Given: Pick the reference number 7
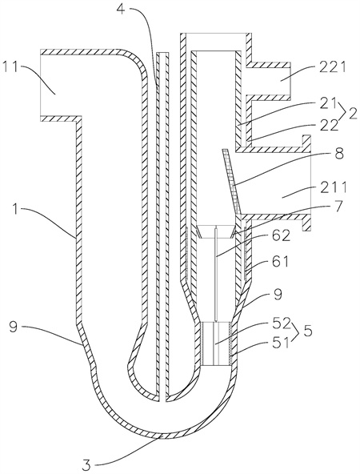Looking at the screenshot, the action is click(x=338, y=207).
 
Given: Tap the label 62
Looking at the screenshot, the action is click(x=280, y=235).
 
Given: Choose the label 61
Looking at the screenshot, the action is click(x=280, y=262).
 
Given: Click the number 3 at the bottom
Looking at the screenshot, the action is click(x=87, y=462).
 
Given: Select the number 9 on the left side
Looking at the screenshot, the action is click(x=14, y=327).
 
